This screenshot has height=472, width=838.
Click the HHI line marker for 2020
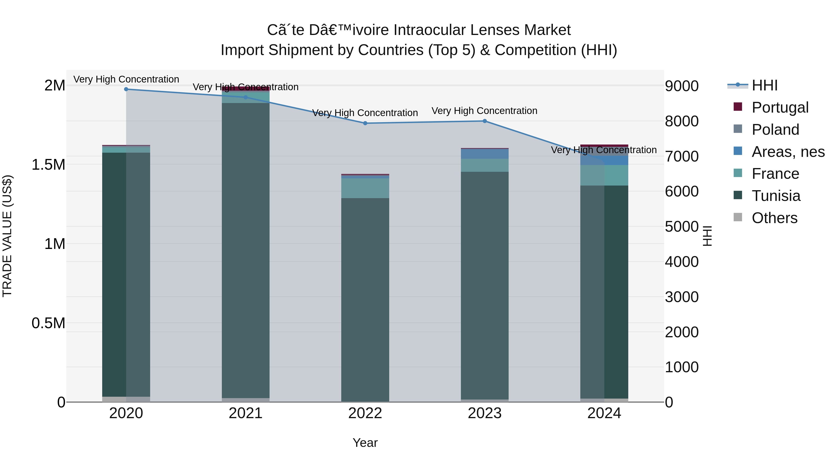click(126, 89)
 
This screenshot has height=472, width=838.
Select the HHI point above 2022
click(365, 123)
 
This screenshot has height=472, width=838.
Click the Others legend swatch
click(738, 217)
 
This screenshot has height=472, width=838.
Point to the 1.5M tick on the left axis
click(48, 165)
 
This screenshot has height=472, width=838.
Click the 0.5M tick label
click(48, 323)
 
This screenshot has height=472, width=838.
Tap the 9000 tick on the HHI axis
click(682, 86)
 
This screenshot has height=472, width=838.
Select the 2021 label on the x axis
click(246, 413)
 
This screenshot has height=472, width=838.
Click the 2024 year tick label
click(604, 413)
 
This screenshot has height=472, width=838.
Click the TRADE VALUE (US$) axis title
click(7, 236)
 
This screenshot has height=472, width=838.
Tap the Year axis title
click(365, 443)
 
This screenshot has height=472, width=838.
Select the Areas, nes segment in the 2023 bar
click(485, 154)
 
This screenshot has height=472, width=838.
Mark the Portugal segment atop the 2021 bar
click(246, 89)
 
